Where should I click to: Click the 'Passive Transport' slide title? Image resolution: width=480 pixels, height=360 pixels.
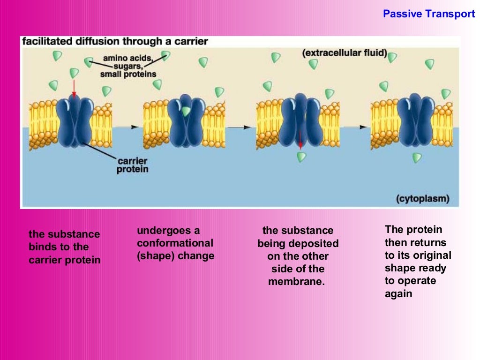(429, 14)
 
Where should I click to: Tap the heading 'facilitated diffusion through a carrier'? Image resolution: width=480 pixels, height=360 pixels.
(115, 41)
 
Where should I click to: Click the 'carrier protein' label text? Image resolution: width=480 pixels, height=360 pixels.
(132, 165)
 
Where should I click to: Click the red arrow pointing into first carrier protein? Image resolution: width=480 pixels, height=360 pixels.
(74, 88)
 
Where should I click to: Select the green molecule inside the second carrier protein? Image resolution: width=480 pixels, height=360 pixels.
(186, 112)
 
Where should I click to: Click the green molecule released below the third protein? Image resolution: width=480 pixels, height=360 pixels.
(301, 157)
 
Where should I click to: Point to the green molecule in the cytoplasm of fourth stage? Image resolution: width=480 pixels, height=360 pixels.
(417, 158)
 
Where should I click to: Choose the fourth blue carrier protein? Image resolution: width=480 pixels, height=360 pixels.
(416, 120)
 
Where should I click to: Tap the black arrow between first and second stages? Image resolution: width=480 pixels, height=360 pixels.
(135, 127)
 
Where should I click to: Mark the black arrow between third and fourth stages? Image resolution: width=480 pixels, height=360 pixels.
(362, 127)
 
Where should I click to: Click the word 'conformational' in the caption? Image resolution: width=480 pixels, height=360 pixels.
(175, 243)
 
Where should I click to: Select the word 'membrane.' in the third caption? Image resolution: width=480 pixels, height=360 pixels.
(296, 282)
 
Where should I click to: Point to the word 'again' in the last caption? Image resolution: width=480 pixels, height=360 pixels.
(398, 294)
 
